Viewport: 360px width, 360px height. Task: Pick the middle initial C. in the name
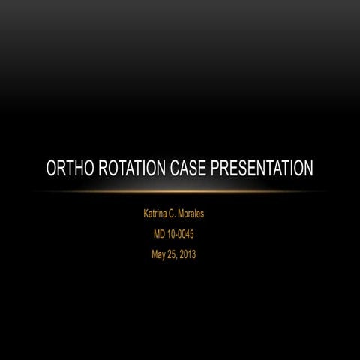click(177, 214)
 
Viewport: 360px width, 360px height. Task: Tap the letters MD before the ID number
click(159, 234)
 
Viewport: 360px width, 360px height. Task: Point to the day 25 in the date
click(175, 253)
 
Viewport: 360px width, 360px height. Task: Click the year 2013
click(193, 253)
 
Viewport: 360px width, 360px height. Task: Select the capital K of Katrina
click(145, 214)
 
